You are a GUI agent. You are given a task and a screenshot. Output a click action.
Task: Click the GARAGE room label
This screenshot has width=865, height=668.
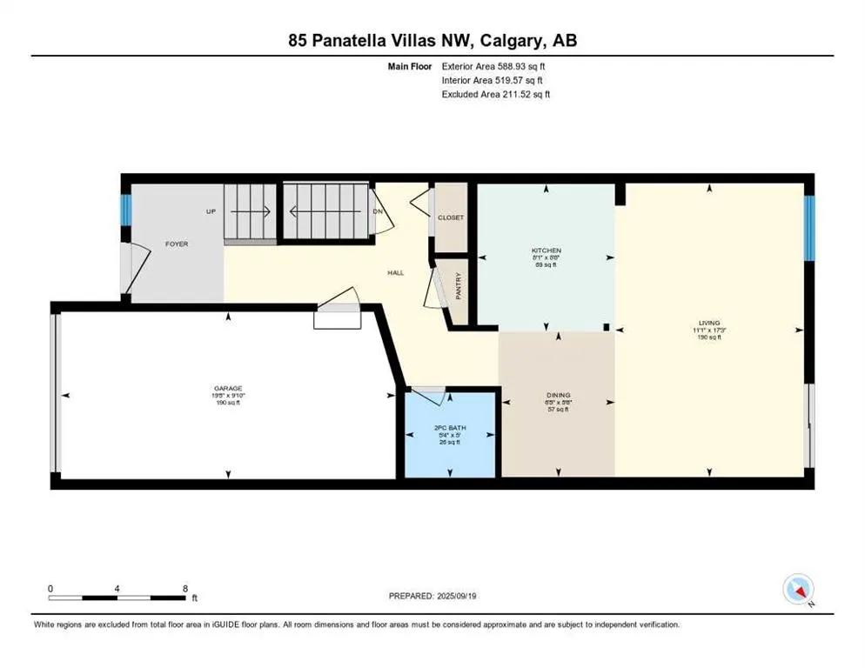[x=228, y=388]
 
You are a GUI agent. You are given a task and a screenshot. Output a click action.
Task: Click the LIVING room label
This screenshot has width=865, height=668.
[x=708, y=323]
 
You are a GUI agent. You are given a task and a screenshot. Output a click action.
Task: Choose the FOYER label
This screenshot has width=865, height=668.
[x=177, y=244]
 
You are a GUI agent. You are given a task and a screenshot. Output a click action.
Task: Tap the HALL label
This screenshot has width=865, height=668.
[x=396, y=272]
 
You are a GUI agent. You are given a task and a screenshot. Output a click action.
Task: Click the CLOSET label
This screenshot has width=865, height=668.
[x=451, y=218]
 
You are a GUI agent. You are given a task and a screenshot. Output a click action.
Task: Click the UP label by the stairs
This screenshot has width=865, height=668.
[x=211, y=211]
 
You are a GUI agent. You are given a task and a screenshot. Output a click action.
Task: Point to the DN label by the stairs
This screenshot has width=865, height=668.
[x=377, y=210]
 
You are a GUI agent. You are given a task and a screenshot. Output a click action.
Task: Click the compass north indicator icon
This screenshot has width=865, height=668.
[x=798, y=590]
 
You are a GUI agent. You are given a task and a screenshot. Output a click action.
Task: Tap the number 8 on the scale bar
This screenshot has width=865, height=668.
[x=184, y=587]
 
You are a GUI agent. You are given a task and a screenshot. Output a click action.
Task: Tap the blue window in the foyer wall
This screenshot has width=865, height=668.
[x=125, y=210]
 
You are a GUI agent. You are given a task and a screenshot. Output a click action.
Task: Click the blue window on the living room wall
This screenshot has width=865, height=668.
[x=808, y=228]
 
